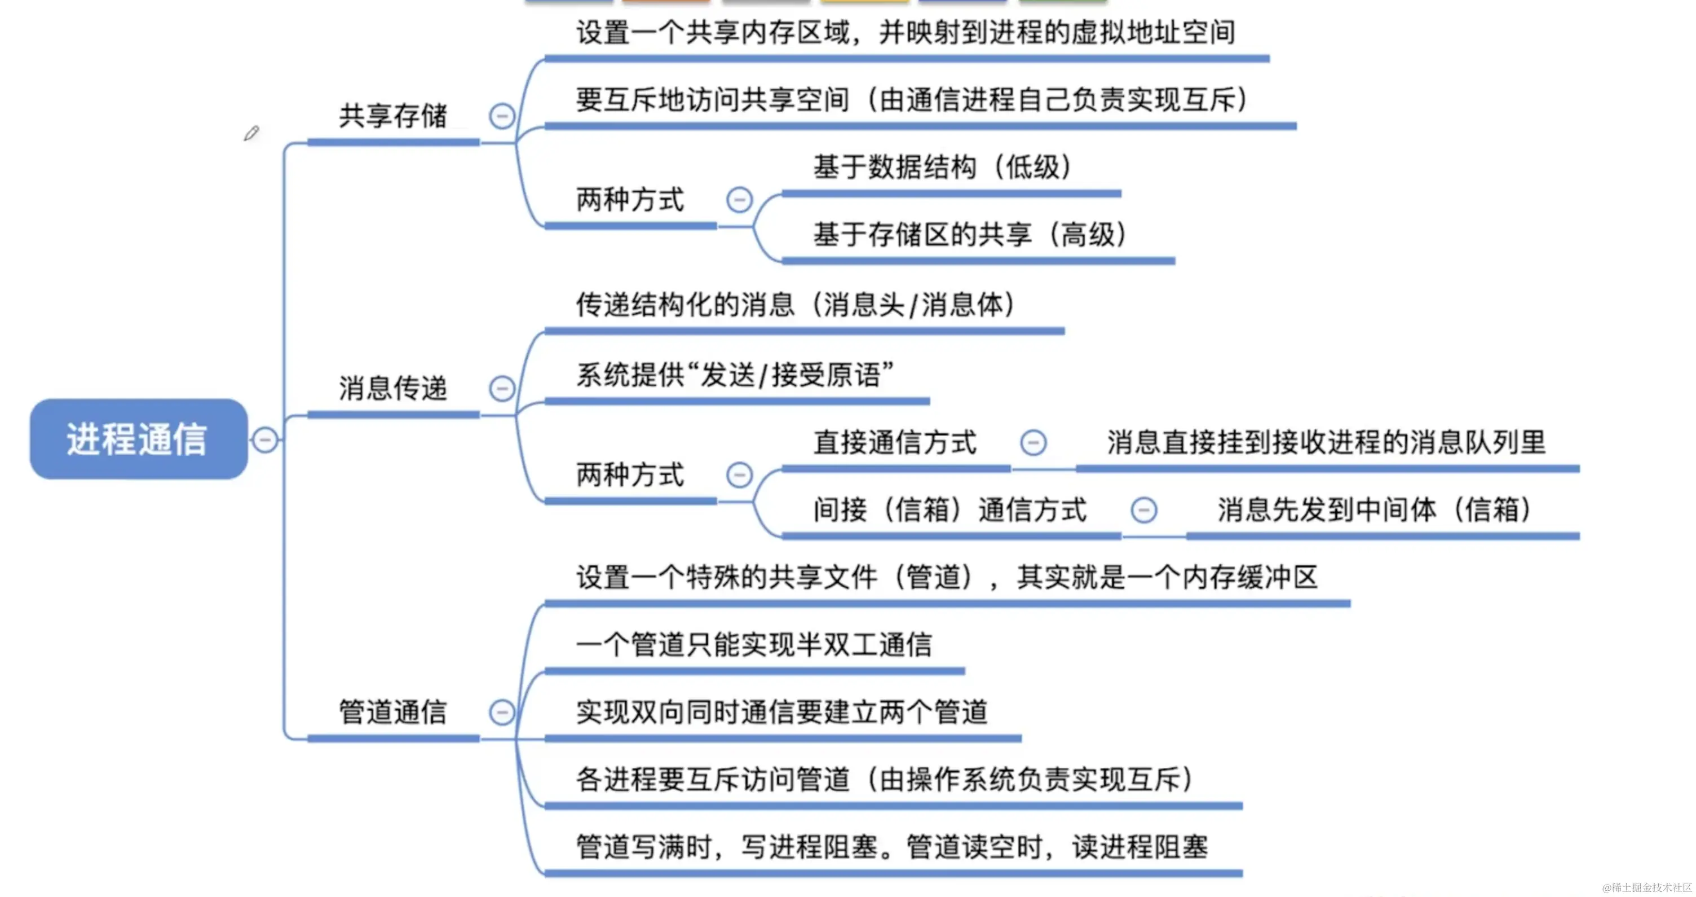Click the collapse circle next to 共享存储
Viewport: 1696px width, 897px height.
[502, 117]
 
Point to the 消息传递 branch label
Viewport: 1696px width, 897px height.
[393, 389]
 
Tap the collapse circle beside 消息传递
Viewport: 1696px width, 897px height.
[502, 389]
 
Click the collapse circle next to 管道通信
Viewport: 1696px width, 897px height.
[502, 713]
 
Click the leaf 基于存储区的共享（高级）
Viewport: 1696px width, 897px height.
[969, 235]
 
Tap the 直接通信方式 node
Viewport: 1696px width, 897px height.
[895, 442]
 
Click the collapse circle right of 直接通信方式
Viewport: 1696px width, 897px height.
[1033, 442]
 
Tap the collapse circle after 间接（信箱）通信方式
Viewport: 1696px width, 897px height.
[1143, 511]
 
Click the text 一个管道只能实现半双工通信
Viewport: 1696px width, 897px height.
[754, 645]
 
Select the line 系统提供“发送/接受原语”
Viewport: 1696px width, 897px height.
[735, 375]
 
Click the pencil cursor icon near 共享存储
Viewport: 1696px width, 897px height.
[251, 134]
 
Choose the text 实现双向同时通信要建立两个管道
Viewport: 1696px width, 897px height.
[781, 713]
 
